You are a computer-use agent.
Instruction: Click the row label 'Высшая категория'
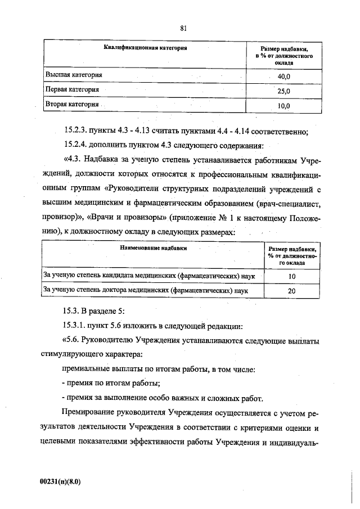pos(74,74)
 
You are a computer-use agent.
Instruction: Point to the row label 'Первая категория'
pos(73,89)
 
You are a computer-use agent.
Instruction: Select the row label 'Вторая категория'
pos(73,104)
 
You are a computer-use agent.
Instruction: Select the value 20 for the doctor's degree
pos(291,291)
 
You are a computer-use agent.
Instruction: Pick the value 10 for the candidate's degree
pos(291,277)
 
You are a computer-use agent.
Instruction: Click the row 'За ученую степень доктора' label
pos(146,290)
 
